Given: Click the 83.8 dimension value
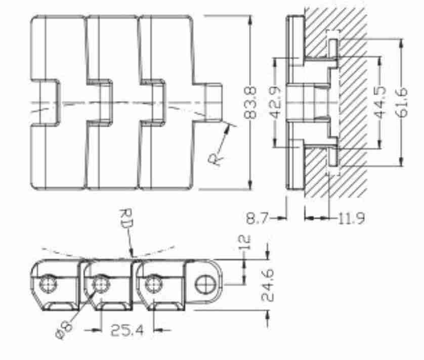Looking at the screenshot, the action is pos(250,103).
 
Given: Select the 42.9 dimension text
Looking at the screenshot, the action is pos(276,103).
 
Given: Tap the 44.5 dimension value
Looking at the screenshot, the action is pos(380,103).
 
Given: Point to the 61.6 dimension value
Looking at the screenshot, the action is pos(402,103).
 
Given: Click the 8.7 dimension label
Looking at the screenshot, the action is pos(257,218).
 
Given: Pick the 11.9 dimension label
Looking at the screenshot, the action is pos(352,218).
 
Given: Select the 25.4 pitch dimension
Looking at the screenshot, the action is pos(128,330).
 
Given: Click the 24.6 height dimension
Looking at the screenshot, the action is pos(268,285).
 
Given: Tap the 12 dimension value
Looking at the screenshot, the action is pos(245,242).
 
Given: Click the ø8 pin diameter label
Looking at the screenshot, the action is pos(64,330).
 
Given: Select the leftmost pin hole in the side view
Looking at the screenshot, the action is pos(49,284).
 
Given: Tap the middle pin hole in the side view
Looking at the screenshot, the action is pos(101,284).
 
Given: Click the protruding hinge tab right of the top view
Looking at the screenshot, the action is pos(213,102).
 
